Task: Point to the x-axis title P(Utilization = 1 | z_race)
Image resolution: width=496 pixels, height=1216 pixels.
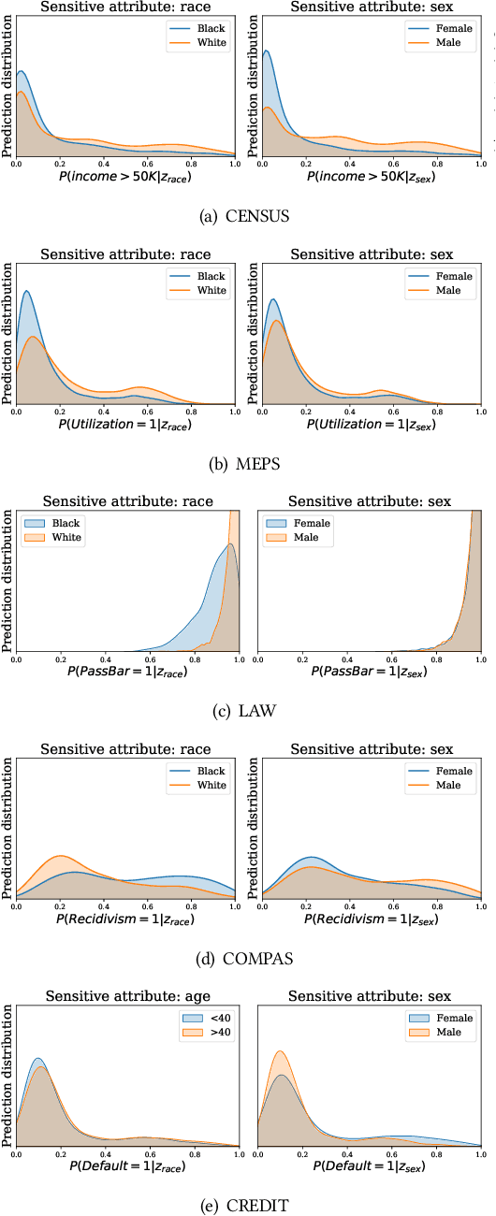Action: coord(126,424)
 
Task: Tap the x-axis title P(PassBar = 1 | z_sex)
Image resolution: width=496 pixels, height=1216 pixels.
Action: coord(369,672)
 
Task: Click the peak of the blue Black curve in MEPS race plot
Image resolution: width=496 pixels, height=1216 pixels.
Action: coord(27,291)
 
